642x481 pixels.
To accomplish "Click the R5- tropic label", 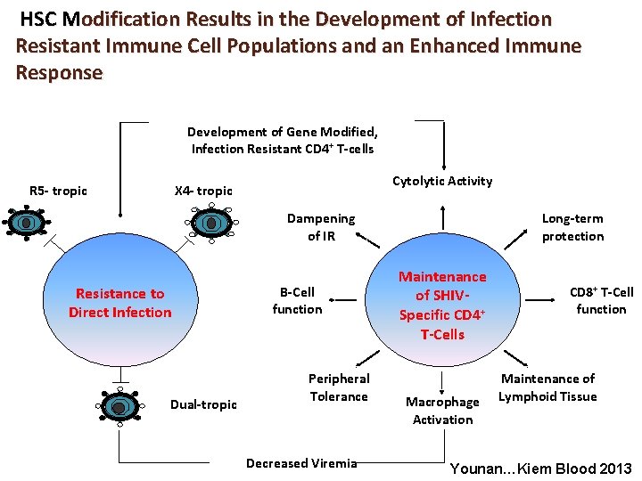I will pos(58,191).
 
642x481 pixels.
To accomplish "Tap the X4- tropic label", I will pos(203,191).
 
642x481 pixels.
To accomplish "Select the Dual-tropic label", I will pos(203,404).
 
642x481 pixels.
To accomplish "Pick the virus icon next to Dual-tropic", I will pos(119,406).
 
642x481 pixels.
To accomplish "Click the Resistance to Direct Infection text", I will pos(119,303).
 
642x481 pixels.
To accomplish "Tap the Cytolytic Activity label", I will pos(442,181).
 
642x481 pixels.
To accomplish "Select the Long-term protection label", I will pos(572,227).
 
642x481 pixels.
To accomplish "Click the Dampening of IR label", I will pos(320,227).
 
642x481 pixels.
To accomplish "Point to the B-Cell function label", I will pos(297,300).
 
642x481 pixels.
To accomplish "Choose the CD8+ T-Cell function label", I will pos(601,300).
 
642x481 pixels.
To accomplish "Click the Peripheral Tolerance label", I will pos(338,387).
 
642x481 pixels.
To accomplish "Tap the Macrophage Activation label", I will pos(442,411).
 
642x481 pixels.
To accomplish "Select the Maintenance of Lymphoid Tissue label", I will pos(547,387).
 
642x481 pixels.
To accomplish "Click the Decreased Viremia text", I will pos(301,462).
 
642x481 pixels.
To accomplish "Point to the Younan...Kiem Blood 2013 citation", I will pos(541,469).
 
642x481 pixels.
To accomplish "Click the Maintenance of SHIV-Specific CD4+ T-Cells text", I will pos(443,306).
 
